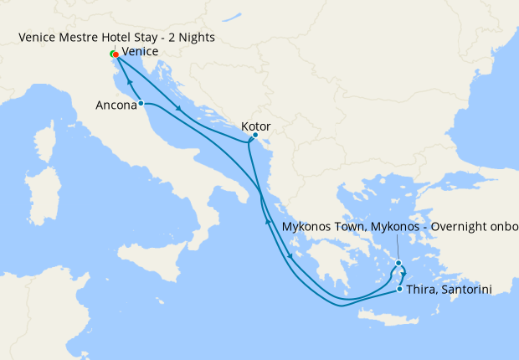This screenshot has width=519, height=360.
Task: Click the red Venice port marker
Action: click(x=116, y=55)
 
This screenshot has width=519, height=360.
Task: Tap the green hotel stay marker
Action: click(x=112, y=54)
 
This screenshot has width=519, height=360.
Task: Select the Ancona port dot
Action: click(x=141, y=103)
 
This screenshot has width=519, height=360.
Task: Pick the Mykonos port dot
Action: click(x=399, y=263)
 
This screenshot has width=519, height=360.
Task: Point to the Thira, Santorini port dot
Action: click(x=399, y=289)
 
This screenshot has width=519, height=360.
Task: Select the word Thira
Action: click(x=421, y=289)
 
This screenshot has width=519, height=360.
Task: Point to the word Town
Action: click(x=350, y=227)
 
